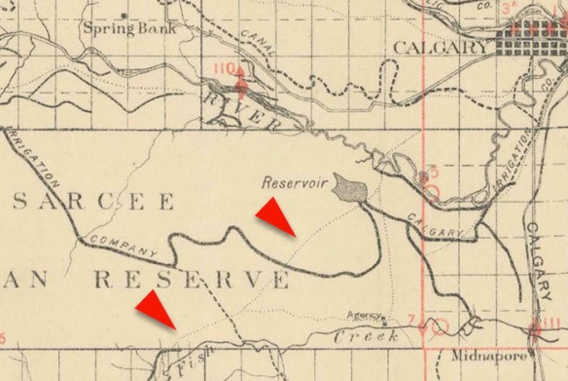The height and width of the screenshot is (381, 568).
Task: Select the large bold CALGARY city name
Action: coord(442,47)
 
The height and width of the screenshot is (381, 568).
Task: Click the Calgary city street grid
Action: coord(530,45)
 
